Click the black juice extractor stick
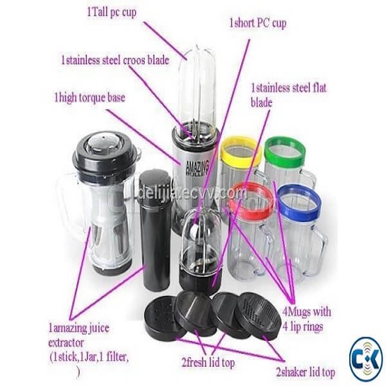154,230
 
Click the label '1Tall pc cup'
111,12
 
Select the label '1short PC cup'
258,23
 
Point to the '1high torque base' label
89,98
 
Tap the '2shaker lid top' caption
306,372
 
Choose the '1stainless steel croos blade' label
115,60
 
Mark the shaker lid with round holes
165,317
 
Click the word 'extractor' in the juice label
66,343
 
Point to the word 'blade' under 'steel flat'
261,102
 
